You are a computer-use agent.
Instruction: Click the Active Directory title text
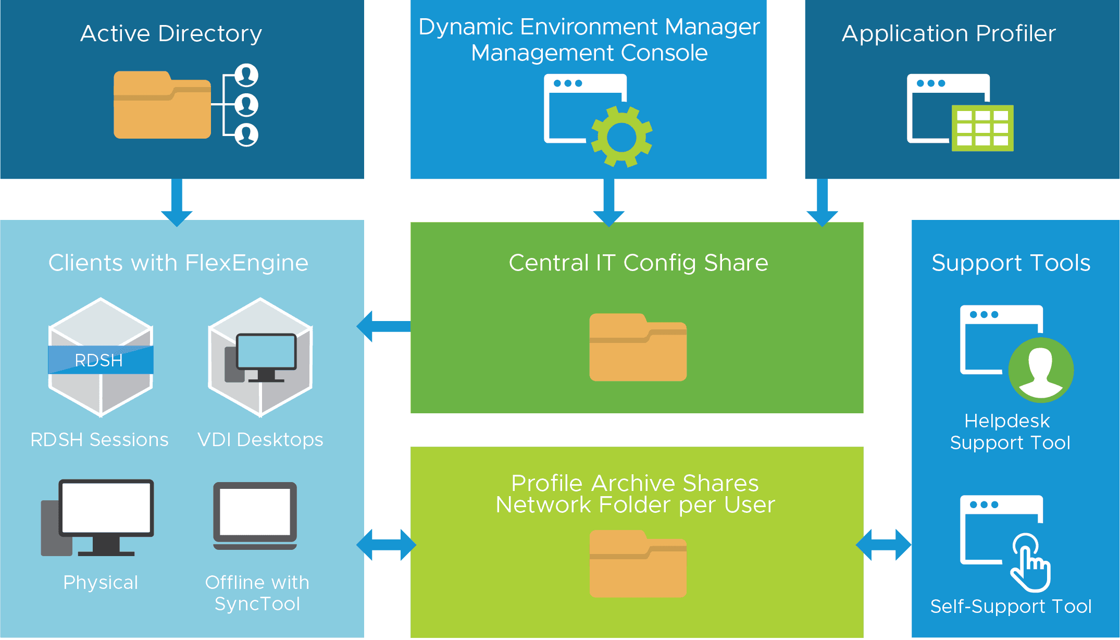(x=171, y=33)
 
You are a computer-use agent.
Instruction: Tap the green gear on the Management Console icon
(x=622, y=137)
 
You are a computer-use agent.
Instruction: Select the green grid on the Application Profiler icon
(x=982, y=128)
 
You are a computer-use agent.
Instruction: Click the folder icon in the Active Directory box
(x=163, y=105)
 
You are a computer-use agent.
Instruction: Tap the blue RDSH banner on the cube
(x=101, y=360)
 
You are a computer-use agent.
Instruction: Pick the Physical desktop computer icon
(x=99, y=518)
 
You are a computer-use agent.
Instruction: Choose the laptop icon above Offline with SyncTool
(x=255, y=515)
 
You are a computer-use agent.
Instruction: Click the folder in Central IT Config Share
(x=638, y=347)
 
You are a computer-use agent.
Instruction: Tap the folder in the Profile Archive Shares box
(x=638, y=564)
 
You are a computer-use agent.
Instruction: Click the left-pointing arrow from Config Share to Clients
(x=383, y=327)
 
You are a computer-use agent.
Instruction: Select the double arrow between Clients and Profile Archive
(x=386, y=545)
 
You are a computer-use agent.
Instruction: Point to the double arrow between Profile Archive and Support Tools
(x=883, y=545)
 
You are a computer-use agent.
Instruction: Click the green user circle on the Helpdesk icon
(x=1041, y=370)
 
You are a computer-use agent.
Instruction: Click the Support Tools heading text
(x=1011, y=263)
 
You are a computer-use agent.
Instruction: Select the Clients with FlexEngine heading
(x=178, y=263)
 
